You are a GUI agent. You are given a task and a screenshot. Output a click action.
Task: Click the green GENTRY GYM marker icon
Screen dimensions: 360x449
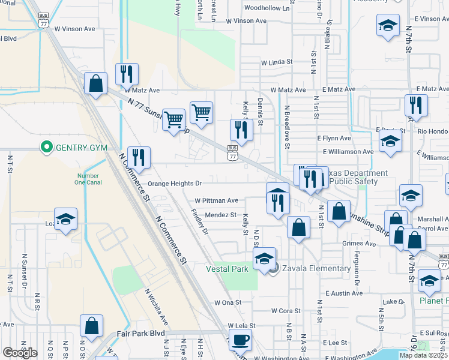coord(46,147)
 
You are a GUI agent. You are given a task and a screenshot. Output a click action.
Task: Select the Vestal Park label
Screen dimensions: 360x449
coord(228,269)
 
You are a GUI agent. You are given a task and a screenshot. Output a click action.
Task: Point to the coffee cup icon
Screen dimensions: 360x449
coord(240,340)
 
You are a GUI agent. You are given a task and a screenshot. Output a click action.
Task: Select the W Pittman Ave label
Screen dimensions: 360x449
coord(217,200)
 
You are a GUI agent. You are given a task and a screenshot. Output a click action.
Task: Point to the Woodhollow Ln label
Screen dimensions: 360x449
coord(267,8)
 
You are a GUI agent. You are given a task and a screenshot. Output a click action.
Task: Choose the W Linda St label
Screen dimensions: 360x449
coord(276,62)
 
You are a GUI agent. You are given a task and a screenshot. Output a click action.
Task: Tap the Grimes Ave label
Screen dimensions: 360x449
coord(359,244)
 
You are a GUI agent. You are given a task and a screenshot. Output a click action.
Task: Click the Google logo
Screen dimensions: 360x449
coord(20,353)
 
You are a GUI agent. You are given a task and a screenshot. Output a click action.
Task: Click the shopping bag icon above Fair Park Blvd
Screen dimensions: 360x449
coord(92,311)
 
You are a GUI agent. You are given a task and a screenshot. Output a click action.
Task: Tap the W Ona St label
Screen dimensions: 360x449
coord(227,303)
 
